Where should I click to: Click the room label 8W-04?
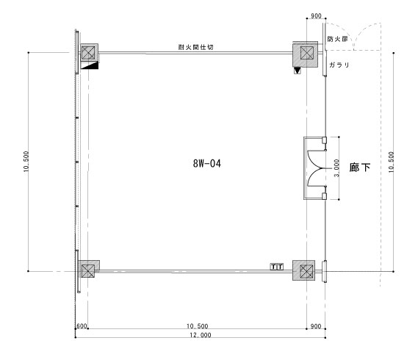[x=207, y=163]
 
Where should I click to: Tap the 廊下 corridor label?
[x=360, y=168]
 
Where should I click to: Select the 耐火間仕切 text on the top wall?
[x=195, y=47]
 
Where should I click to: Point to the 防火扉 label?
[x=337, y=39]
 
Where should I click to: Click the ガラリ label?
[x=339, y=65]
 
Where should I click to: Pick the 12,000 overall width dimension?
[x=201, y=335]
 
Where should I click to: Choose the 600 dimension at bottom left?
[x=82, y=326]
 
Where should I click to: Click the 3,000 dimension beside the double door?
[x=336, y=168]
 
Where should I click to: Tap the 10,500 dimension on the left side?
[x=26, y=162]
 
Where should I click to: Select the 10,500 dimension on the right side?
[x=391, y=162]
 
